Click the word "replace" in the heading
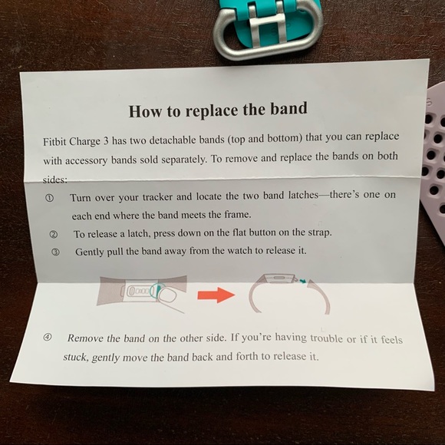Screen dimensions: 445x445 point(212,111)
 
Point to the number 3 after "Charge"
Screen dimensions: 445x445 point(106,141)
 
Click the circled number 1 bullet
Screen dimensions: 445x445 point(49,198)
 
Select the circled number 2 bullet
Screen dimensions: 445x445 point(54,235)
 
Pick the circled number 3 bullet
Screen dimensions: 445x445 point(55,252)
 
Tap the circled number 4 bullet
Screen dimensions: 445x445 point(48,338)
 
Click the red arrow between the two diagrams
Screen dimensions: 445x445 point(216,295)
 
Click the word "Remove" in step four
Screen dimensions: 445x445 point(85,338)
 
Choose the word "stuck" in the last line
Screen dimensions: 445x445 point(74,357)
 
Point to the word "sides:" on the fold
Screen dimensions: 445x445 point(55,180)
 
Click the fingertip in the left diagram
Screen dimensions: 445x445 point(167,296)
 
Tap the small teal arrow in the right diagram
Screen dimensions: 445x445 point(302,281)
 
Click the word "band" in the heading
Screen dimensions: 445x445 point(288,108)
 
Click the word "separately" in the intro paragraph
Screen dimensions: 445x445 point(183,160)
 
